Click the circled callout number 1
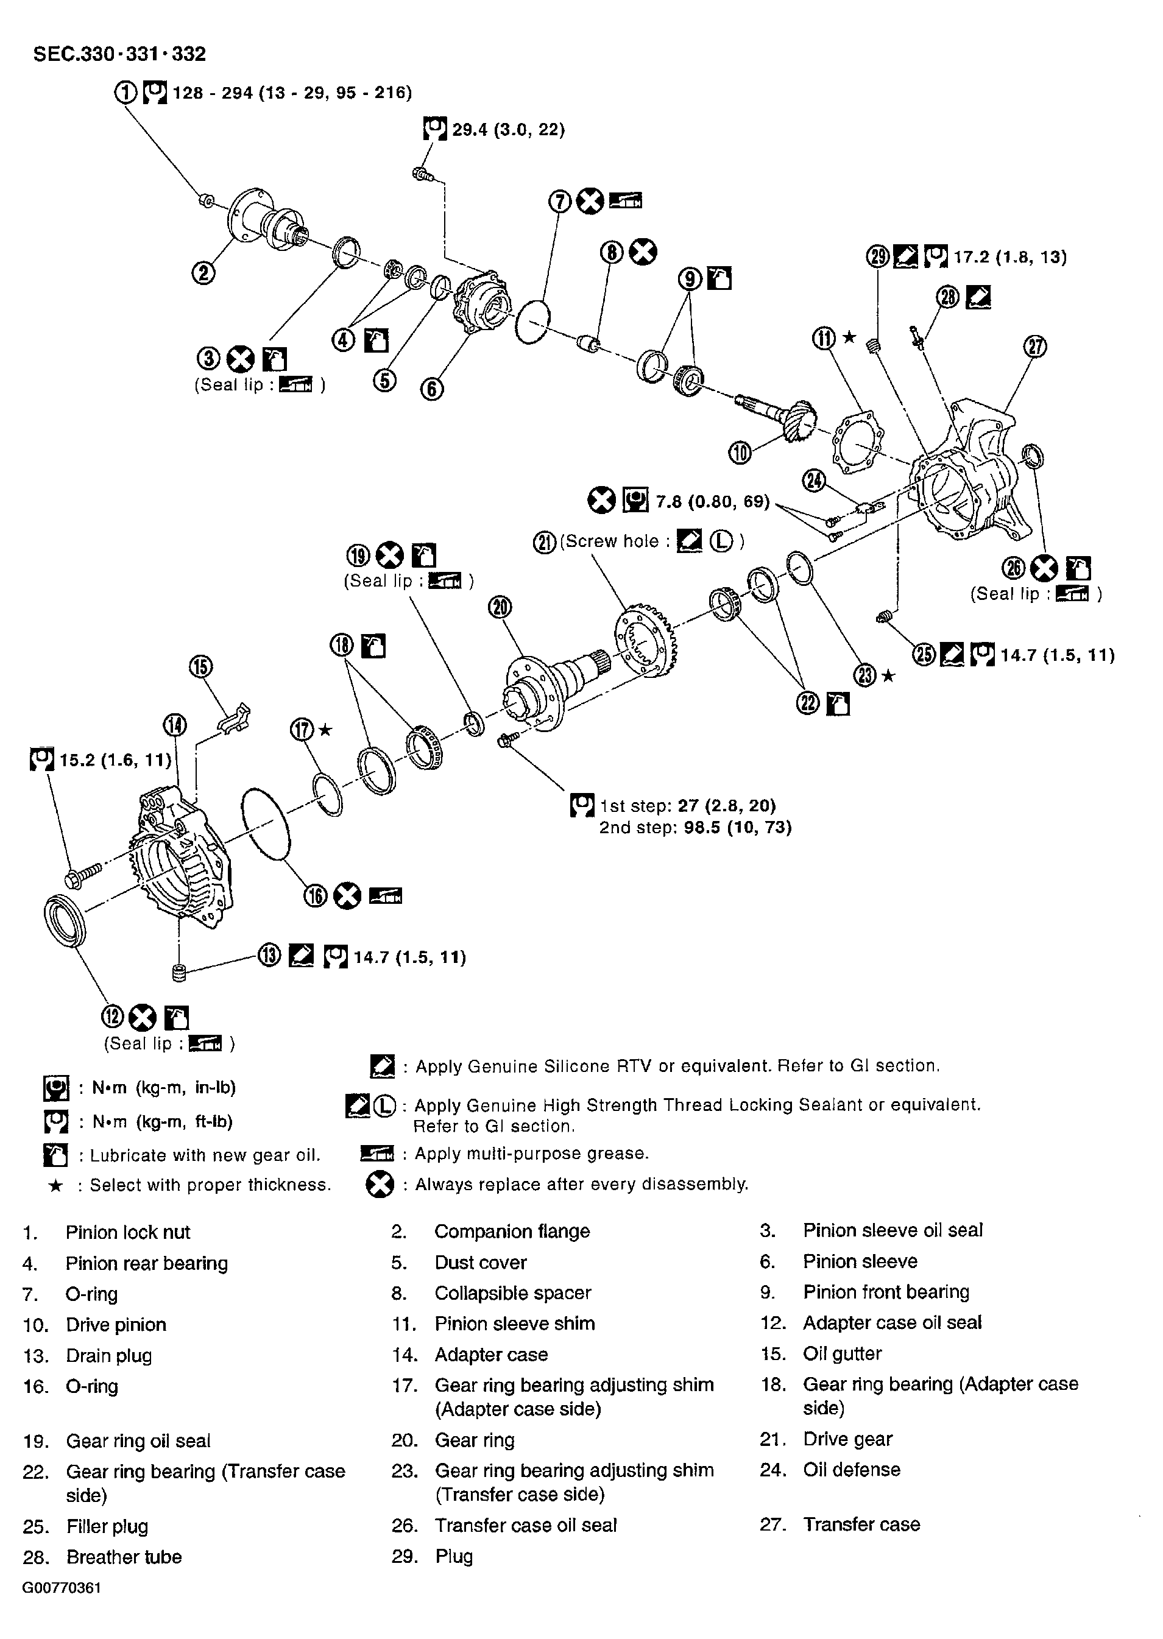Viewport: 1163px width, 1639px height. click(x=125, y=93)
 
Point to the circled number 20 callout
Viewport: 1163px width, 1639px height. click(x=500, y=607)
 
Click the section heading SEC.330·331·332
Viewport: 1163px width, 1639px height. click(x=119, y=54)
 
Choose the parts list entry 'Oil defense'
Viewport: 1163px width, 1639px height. click(x=850, y=1470)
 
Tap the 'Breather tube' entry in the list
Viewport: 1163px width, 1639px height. click(x=124, y=1557)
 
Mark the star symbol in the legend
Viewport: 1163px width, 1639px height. click(x=55, y=1186)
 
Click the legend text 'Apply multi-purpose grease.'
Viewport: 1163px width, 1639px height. click(x=531, y=1154)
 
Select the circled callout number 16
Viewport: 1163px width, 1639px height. click(x=316, y=896)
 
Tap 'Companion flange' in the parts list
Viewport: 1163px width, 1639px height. click(x=511, y=1232)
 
